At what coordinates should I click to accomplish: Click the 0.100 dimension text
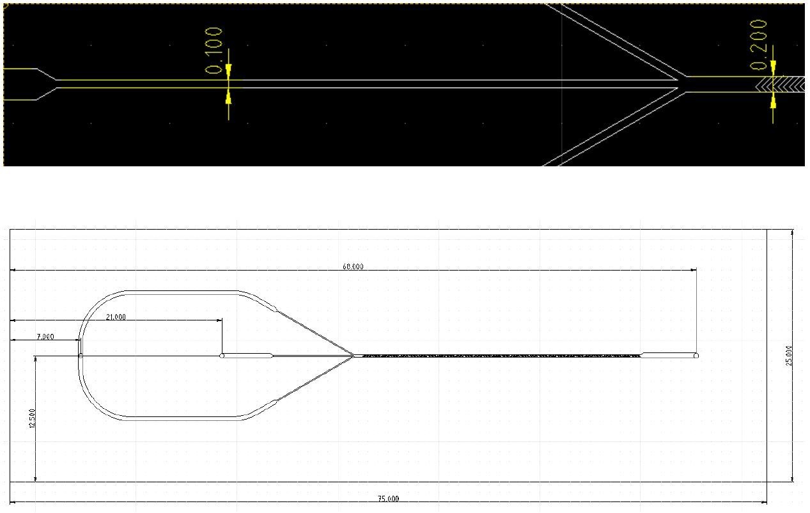click(215, 51)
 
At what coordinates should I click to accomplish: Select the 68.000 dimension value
click(353, 267)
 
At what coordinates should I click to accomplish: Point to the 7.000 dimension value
click(45, 336)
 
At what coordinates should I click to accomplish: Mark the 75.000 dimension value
click(389, 499)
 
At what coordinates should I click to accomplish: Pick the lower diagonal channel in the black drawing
click(614, 128)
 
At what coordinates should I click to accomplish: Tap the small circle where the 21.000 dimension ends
click(222, 356)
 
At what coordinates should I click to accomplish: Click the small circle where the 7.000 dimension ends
click(81, 356)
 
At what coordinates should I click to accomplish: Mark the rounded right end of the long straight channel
click(696, 355)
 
